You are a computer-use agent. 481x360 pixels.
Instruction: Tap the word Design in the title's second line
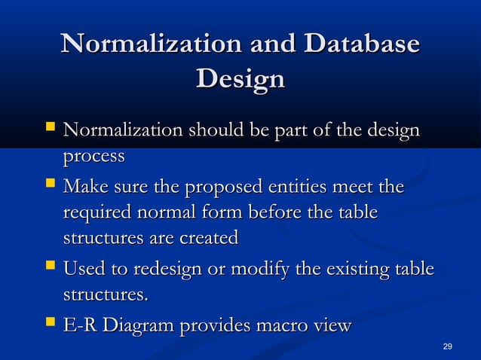tap(240, 78)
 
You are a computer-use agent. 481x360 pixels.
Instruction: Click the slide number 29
tap(448, 346)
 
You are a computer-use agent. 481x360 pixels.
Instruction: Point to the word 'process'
tap(93, 157)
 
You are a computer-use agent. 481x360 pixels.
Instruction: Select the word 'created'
tap(205, 239)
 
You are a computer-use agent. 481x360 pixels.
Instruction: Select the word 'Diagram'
tap(139, 326)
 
